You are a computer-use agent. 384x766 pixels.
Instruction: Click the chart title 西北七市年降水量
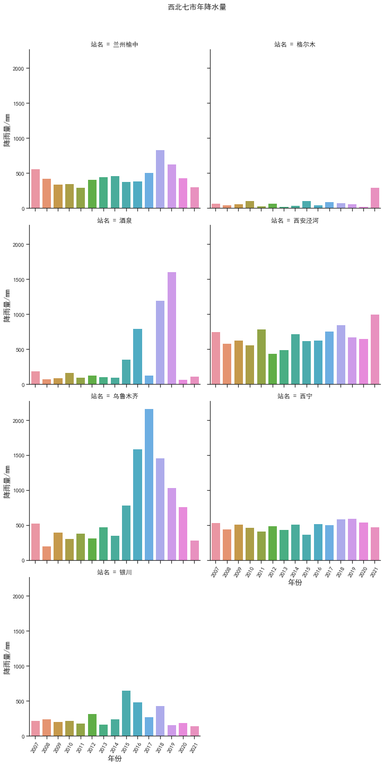pos(197,7)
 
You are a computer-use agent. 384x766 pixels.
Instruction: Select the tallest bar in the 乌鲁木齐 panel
pos(149,484)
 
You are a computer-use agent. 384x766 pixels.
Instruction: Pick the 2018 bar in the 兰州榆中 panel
pos(160,179)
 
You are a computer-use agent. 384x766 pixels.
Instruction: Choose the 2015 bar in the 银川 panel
pos(126,713)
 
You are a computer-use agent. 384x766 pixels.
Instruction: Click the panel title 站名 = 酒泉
pos(115,221)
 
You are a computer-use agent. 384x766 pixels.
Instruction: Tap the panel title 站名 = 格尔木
pos(295,45)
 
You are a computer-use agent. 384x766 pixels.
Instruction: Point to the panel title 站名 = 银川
pos(115,572)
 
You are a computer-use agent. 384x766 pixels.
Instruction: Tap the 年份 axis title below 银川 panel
pos(115,759)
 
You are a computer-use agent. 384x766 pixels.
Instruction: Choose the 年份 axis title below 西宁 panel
pos(295,582)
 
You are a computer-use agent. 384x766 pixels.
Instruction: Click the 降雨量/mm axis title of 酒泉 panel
pos(7,305)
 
